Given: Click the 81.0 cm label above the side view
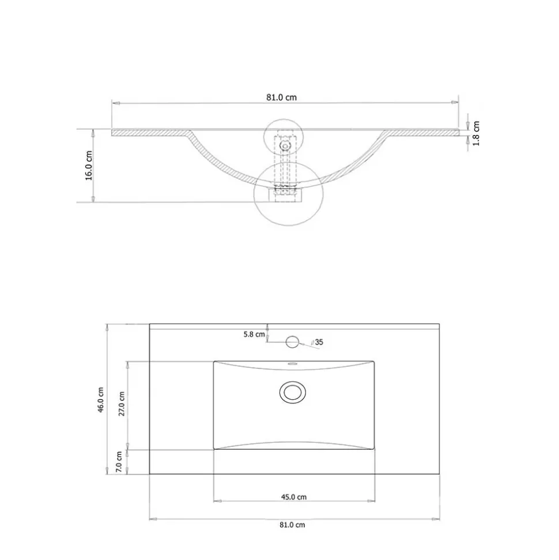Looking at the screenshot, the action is coord(281,97).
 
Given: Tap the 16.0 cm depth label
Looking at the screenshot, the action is coord(89,166).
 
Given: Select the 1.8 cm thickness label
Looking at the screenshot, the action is coord(476,133).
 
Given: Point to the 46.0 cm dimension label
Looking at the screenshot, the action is coord(101,400).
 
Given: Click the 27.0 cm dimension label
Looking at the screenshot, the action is coord(122,404).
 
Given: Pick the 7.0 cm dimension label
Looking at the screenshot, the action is coord(119,462).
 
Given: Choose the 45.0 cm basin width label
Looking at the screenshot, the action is coord(294,497).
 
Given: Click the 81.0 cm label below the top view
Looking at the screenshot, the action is coord(292,525).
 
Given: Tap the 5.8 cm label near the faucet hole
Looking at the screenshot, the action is coord(254,335).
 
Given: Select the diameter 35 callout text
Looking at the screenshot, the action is coord(317,342).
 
